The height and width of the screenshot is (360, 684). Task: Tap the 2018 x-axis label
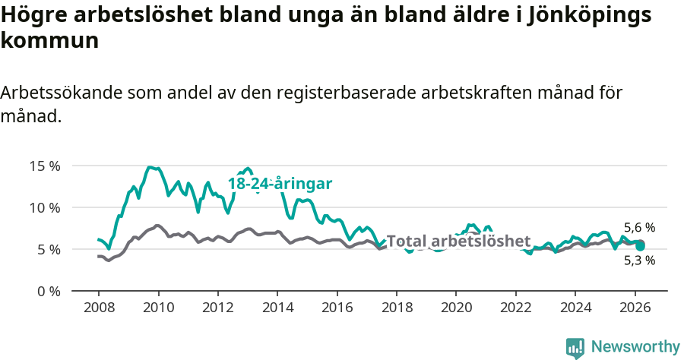(x=396, y=307)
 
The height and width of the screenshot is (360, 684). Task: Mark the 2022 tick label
(x=515, y=307)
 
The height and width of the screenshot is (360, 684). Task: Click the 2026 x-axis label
(x=634, y=307)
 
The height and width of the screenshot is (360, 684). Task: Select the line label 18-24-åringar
(x=280, y=184)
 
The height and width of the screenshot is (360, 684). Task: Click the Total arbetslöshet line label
(x=458, y=242)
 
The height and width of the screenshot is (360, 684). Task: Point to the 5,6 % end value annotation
(x=639, y=227)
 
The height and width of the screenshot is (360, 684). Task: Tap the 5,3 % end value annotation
(x=639, y=261)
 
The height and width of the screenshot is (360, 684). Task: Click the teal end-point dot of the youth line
(x=640, y=246)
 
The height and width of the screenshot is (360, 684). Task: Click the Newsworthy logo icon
(x=575, y=348)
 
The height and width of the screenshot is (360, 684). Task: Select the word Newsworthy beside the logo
(x=635, y=347)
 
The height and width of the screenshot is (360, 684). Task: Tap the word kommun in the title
(x=49, y=40)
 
